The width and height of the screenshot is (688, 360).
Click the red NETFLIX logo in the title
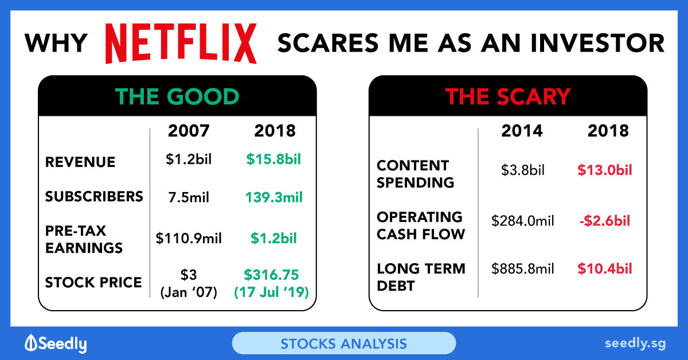pos(181,44)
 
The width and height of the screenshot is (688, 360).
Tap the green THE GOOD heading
pos(177,96)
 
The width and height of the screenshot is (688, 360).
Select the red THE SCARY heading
pos(508,96)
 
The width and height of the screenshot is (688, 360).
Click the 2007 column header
pos(189,131)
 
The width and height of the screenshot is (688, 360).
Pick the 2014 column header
pos(522,131)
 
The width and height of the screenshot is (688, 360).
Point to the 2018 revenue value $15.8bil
pos(273,159)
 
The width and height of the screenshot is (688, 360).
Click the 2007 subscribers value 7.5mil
pos(189,197)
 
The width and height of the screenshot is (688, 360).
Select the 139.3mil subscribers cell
pos(273,197)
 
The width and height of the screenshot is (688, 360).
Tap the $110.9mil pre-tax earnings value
pos(189,238)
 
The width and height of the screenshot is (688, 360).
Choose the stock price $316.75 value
pos(271,275)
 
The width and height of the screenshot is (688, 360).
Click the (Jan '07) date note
pos(189,292)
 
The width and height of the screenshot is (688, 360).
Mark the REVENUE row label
pos(80,162)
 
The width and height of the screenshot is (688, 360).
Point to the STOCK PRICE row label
pos(93,282)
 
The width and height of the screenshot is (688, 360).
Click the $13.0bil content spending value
pos(605,170)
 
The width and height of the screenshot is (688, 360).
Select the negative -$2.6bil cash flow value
pos(605,221)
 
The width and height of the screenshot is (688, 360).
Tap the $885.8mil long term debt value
pos(522,268)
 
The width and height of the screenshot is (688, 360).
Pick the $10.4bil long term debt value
pos(605,268)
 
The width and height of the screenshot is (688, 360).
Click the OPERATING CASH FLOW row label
pos(421,225)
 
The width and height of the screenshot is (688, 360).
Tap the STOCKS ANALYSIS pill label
pos(343,344)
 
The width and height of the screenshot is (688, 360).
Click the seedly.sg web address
pos(635,343)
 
